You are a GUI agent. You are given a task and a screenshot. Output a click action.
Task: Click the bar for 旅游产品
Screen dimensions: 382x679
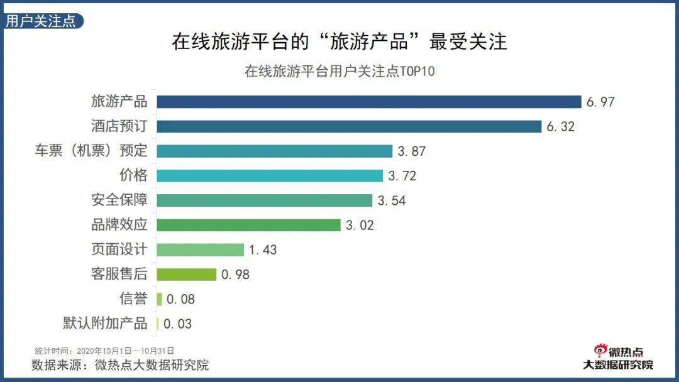pyautogui.click(x=368, y=102)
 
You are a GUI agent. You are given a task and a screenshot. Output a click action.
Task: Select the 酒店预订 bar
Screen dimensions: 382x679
pyautogui.click(x=349, y=126)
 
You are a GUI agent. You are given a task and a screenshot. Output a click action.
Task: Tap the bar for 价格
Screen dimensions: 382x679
pyautogui.click(x=270, y=175)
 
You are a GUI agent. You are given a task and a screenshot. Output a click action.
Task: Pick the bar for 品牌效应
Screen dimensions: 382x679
pyautogui.click(x=248, y=225)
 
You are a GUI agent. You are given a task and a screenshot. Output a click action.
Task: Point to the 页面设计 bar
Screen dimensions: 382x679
pyautogui.click(x=200, y=249)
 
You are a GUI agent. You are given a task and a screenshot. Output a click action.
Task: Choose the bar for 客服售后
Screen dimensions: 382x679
pyautogui.click(x=186, y=275)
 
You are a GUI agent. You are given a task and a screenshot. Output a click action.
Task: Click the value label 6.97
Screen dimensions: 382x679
pyautogui.click(x=600, y=102)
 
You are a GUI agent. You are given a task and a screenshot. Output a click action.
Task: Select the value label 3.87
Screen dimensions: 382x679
pyautogui.click(x=411, y=151)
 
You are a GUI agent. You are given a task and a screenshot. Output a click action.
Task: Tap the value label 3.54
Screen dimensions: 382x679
pyautogui.click(x=391, y=200)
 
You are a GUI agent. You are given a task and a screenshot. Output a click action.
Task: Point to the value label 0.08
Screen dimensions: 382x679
pyautogui.click(x=180, y=300)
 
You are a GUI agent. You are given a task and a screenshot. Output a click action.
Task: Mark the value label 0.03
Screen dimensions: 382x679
pyautogui.click(x=177, y=324)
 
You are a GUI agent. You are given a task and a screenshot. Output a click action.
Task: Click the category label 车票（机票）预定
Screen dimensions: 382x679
pyautogui.click(x=91, y=151)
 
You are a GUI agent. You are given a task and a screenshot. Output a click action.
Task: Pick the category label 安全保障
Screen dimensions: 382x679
pyautogui.click(x=119, y=200)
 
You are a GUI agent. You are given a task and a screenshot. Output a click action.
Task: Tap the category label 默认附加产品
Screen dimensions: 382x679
pyautogui.click(x=105, y=324)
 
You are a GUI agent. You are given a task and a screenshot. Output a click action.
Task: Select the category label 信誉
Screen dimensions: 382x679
pyautogui.click(x=133, y=299)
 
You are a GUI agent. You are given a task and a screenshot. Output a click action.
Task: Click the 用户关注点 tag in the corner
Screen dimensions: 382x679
pyautogui.click(x=41, y=21)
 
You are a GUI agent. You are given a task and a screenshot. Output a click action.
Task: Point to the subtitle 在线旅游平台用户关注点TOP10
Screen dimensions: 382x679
pyautogui.click(x=339, y=71)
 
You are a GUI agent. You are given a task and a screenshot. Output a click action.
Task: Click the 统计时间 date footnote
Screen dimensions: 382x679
pyautogui.click(x=104, y=351)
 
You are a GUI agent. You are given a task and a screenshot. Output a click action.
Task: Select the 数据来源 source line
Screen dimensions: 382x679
pyautogui.click(x=120, y=365)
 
